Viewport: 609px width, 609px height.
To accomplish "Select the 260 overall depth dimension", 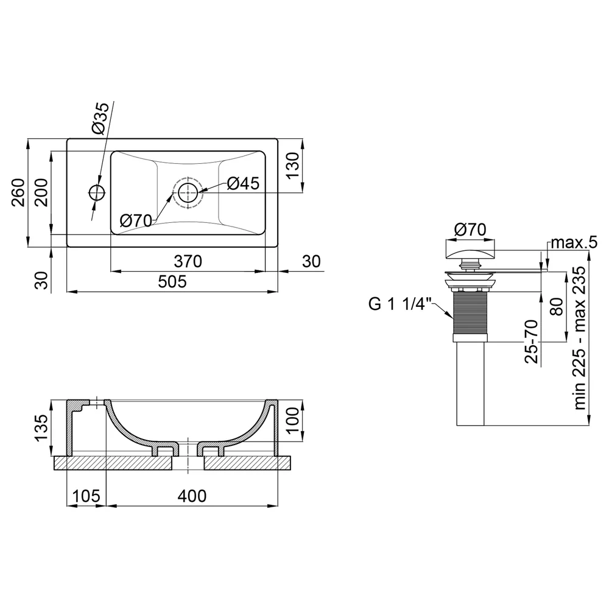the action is [18, 192].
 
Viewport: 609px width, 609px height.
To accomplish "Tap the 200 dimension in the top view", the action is [41, 192].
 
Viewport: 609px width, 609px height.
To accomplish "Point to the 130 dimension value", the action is [294, 165].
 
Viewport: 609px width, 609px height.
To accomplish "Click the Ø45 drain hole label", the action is [243, 183].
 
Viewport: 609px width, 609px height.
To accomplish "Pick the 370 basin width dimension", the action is [188, 261].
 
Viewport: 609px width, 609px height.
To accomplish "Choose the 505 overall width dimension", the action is [172, 281].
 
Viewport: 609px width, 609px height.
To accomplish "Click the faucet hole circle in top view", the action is [97, 192].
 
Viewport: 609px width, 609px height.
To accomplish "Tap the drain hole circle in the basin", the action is [188, 192].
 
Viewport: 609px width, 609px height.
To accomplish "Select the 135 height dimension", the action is [41, 428].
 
